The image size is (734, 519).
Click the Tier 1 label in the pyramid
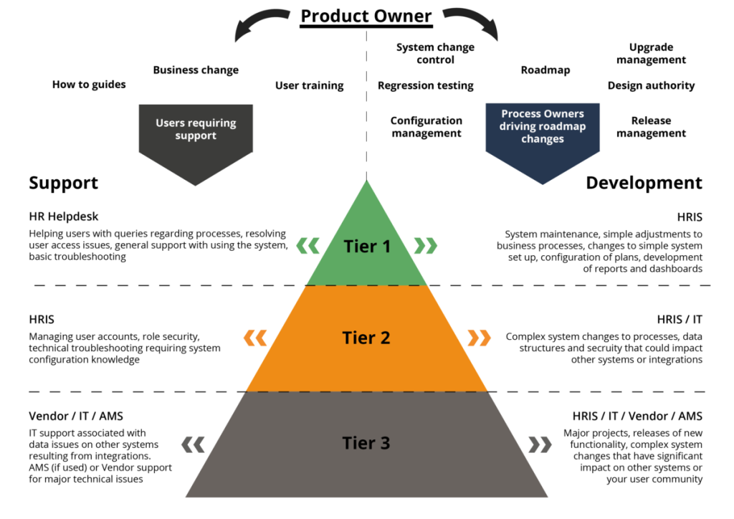[x=367, y=247]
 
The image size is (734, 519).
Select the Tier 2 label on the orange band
[x=366, y=338]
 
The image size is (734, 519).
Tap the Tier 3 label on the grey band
[x=366, y=443]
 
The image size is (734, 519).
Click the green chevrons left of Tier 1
[x=308, y=247]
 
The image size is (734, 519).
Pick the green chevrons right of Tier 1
[x=426, y=247]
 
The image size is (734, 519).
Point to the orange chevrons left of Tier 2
[x=255, y=338]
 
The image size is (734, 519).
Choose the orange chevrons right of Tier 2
[x=480, y=338]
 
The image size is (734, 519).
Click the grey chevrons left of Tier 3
[x=193, y=444]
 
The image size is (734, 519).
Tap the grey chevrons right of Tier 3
[x=540, y=444]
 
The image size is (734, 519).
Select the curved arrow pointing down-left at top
[x=259, y=23]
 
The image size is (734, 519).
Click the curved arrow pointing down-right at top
[x=472, y=23]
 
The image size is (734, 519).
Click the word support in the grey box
[x=196, y=135]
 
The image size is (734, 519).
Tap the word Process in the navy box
[x=522, y=114]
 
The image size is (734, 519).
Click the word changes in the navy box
[x=543, y=138]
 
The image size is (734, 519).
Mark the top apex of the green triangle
[x=367, y=181]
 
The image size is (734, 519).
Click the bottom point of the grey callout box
[x=196, y=186]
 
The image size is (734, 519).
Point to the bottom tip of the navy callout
[x=543, y=184]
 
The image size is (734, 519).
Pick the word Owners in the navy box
[x=565, y=114]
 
